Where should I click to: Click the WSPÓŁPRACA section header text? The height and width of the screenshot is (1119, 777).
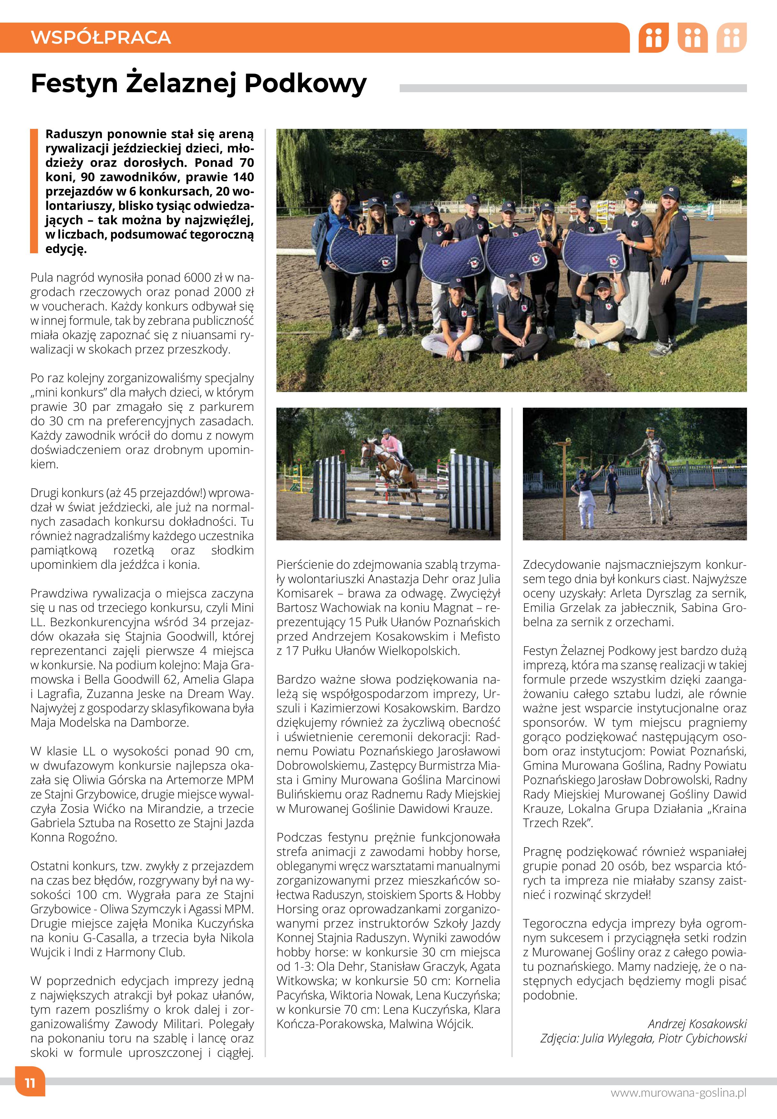pos(101,37)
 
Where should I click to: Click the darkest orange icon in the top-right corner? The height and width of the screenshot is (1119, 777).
pos(653,37)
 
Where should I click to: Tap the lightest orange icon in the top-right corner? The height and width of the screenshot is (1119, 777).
pos(731,37)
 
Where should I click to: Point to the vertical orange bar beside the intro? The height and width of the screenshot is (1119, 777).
pos(34,191)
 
